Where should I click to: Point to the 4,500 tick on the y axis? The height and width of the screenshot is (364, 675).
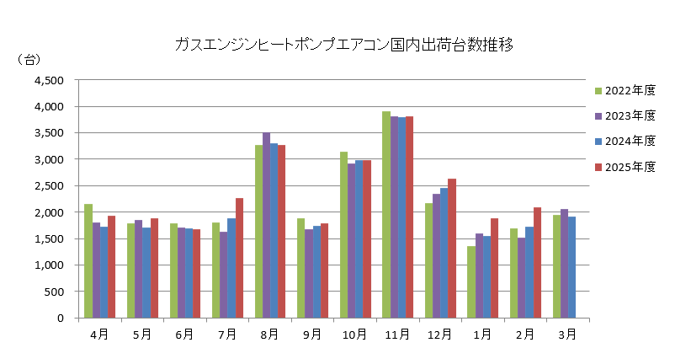[49, 81]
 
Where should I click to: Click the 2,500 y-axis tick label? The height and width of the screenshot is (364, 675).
[49, 186]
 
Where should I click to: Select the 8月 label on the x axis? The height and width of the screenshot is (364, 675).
[269, 334]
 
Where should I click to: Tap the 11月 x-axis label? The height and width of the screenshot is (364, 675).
[397, 334]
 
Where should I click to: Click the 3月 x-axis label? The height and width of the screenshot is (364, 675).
[568, 334]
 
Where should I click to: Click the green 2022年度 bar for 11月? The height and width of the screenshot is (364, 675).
[386, 215]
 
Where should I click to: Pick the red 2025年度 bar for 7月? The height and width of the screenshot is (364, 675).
[239, 258]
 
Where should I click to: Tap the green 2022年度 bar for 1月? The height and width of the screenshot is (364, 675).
[471, 282]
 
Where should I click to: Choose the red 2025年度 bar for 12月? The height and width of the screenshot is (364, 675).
[452, 249]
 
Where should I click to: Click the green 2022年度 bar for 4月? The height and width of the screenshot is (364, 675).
[88, 261]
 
